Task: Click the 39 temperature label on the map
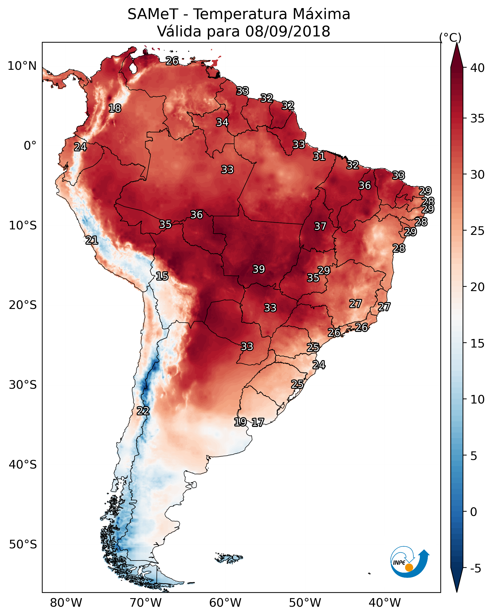pyautogui.click(x=259, y=269)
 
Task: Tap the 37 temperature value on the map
pyautogui.click(x=320, y=226)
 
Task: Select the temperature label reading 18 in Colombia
pyautogui.click(x=115, y=108)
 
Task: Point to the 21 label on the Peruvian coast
pyautogui.click(x=92, y=240)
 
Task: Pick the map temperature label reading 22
pyautogui.click(x=143, y=411)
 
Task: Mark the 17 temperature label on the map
pyautogui.click(x=258, y=422)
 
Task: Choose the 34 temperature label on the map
pyautogui.click(x=222, y=122)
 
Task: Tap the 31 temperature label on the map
pyautogui.click(x=319, y=157)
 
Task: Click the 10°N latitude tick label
pyautogui.click(x=22, y=66)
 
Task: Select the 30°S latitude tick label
pyautogui.click(x=23, y=385)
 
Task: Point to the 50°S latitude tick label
pyautogui.click(x=23, y=544)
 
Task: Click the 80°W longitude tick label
pyautogui.click(x=66, y=603)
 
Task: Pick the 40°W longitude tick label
pyautogui.click(x=385, y=603)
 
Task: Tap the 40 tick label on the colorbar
pyautogui.click(x=477, y=68)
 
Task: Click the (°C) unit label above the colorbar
pyautogui.click(x=450, y=37)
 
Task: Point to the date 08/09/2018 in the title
pyautogui.click(x=288, y=31)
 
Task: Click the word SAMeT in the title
pyautogui.click(x=153, y=14)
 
